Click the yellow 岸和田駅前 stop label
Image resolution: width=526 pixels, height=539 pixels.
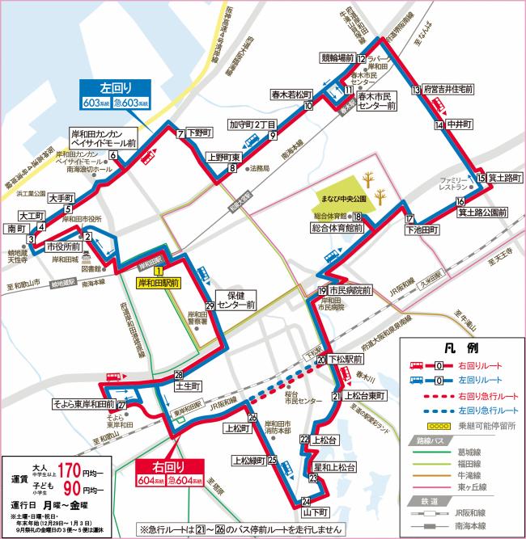pos(159,284)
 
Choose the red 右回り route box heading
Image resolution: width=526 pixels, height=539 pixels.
pos(172,466)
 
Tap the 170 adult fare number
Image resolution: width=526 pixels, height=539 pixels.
pos(69,468)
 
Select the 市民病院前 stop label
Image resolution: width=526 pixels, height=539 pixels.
pos(350,291)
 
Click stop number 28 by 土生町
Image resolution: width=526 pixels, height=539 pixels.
pos(179,374)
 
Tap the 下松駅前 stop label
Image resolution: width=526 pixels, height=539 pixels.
pos(350,359)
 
